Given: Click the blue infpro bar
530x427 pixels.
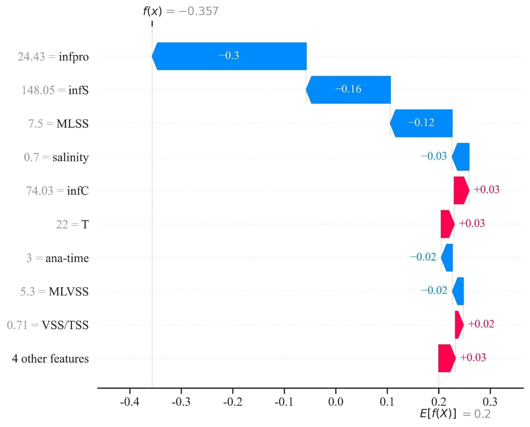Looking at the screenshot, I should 229,56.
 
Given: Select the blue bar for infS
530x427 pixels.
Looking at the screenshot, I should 348,90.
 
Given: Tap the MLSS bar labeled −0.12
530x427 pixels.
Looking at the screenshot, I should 421,123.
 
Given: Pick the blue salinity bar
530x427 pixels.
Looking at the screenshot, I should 461,157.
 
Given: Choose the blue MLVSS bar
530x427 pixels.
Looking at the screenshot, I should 458,291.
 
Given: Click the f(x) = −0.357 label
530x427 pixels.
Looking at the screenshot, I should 181,11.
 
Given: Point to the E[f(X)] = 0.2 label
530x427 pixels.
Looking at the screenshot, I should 455,414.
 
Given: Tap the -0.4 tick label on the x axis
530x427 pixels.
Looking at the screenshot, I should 129,402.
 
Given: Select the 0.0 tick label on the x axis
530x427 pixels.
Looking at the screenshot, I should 336,402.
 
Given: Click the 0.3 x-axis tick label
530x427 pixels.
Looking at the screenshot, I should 490,402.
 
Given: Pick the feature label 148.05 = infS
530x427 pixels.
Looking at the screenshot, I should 55,90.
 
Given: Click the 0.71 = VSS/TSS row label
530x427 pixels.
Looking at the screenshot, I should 48,325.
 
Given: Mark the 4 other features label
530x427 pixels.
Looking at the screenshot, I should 50,359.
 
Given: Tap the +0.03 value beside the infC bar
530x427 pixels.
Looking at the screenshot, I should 486,190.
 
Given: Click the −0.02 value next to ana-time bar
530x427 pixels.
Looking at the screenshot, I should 423,257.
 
